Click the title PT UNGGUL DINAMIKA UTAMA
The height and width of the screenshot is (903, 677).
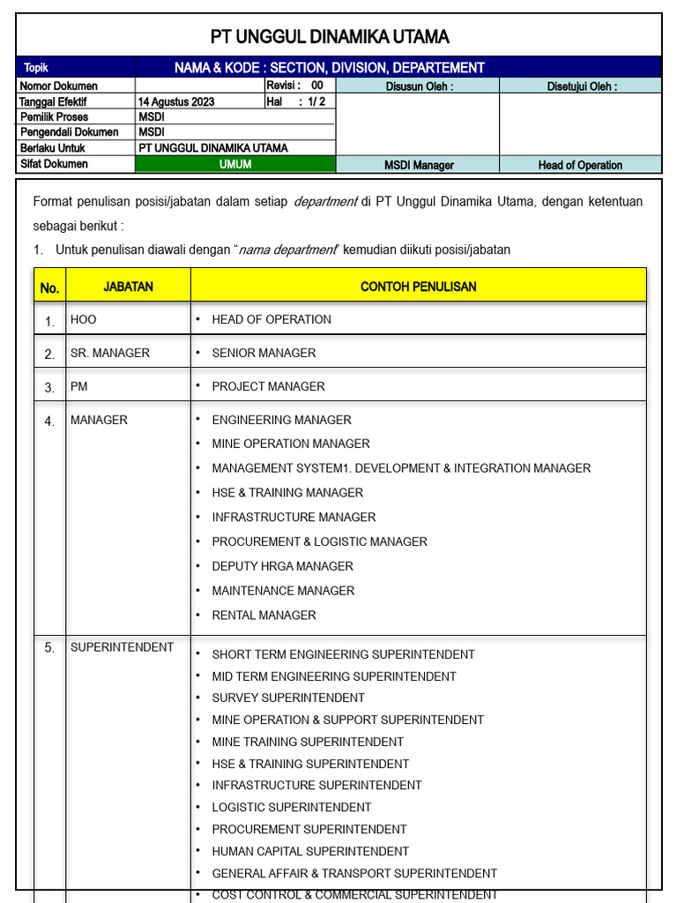330,36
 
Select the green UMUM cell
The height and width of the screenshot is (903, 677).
235,164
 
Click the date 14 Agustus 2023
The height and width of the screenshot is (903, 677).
176,101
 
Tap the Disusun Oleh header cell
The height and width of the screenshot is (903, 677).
419,86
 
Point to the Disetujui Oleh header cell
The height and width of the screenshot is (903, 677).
581,86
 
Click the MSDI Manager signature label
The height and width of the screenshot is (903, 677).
419,165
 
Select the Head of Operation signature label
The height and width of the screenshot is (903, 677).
580,165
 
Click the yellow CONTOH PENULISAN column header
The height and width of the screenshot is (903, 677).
419,287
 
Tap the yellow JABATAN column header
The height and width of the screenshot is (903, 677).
129,287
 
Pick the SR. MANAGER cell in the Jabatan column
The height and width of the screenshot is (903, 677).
110,353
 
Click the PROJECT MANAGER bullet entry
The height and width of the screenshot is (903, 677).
268,386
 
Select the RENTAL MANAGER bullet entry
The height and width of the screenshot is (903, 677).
264,615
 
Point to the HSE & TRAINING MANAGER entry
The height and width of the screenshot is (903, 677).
287,492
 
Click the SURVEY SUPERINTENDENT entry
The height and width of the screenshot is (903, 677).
288,698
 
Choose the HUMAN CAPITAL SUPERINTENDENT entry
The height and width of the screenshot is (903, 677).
310,851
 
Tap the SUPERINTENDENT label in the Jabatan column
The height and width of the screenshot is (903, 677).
122,647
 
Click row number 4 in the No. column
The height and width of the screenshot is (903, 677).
49,422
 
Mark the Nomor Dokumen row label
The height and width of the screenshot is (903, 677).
59,86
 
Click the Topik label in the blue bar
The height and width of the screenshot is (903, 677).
36,68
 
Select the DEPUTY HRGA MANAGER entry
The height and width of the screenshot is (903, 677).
282,566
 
